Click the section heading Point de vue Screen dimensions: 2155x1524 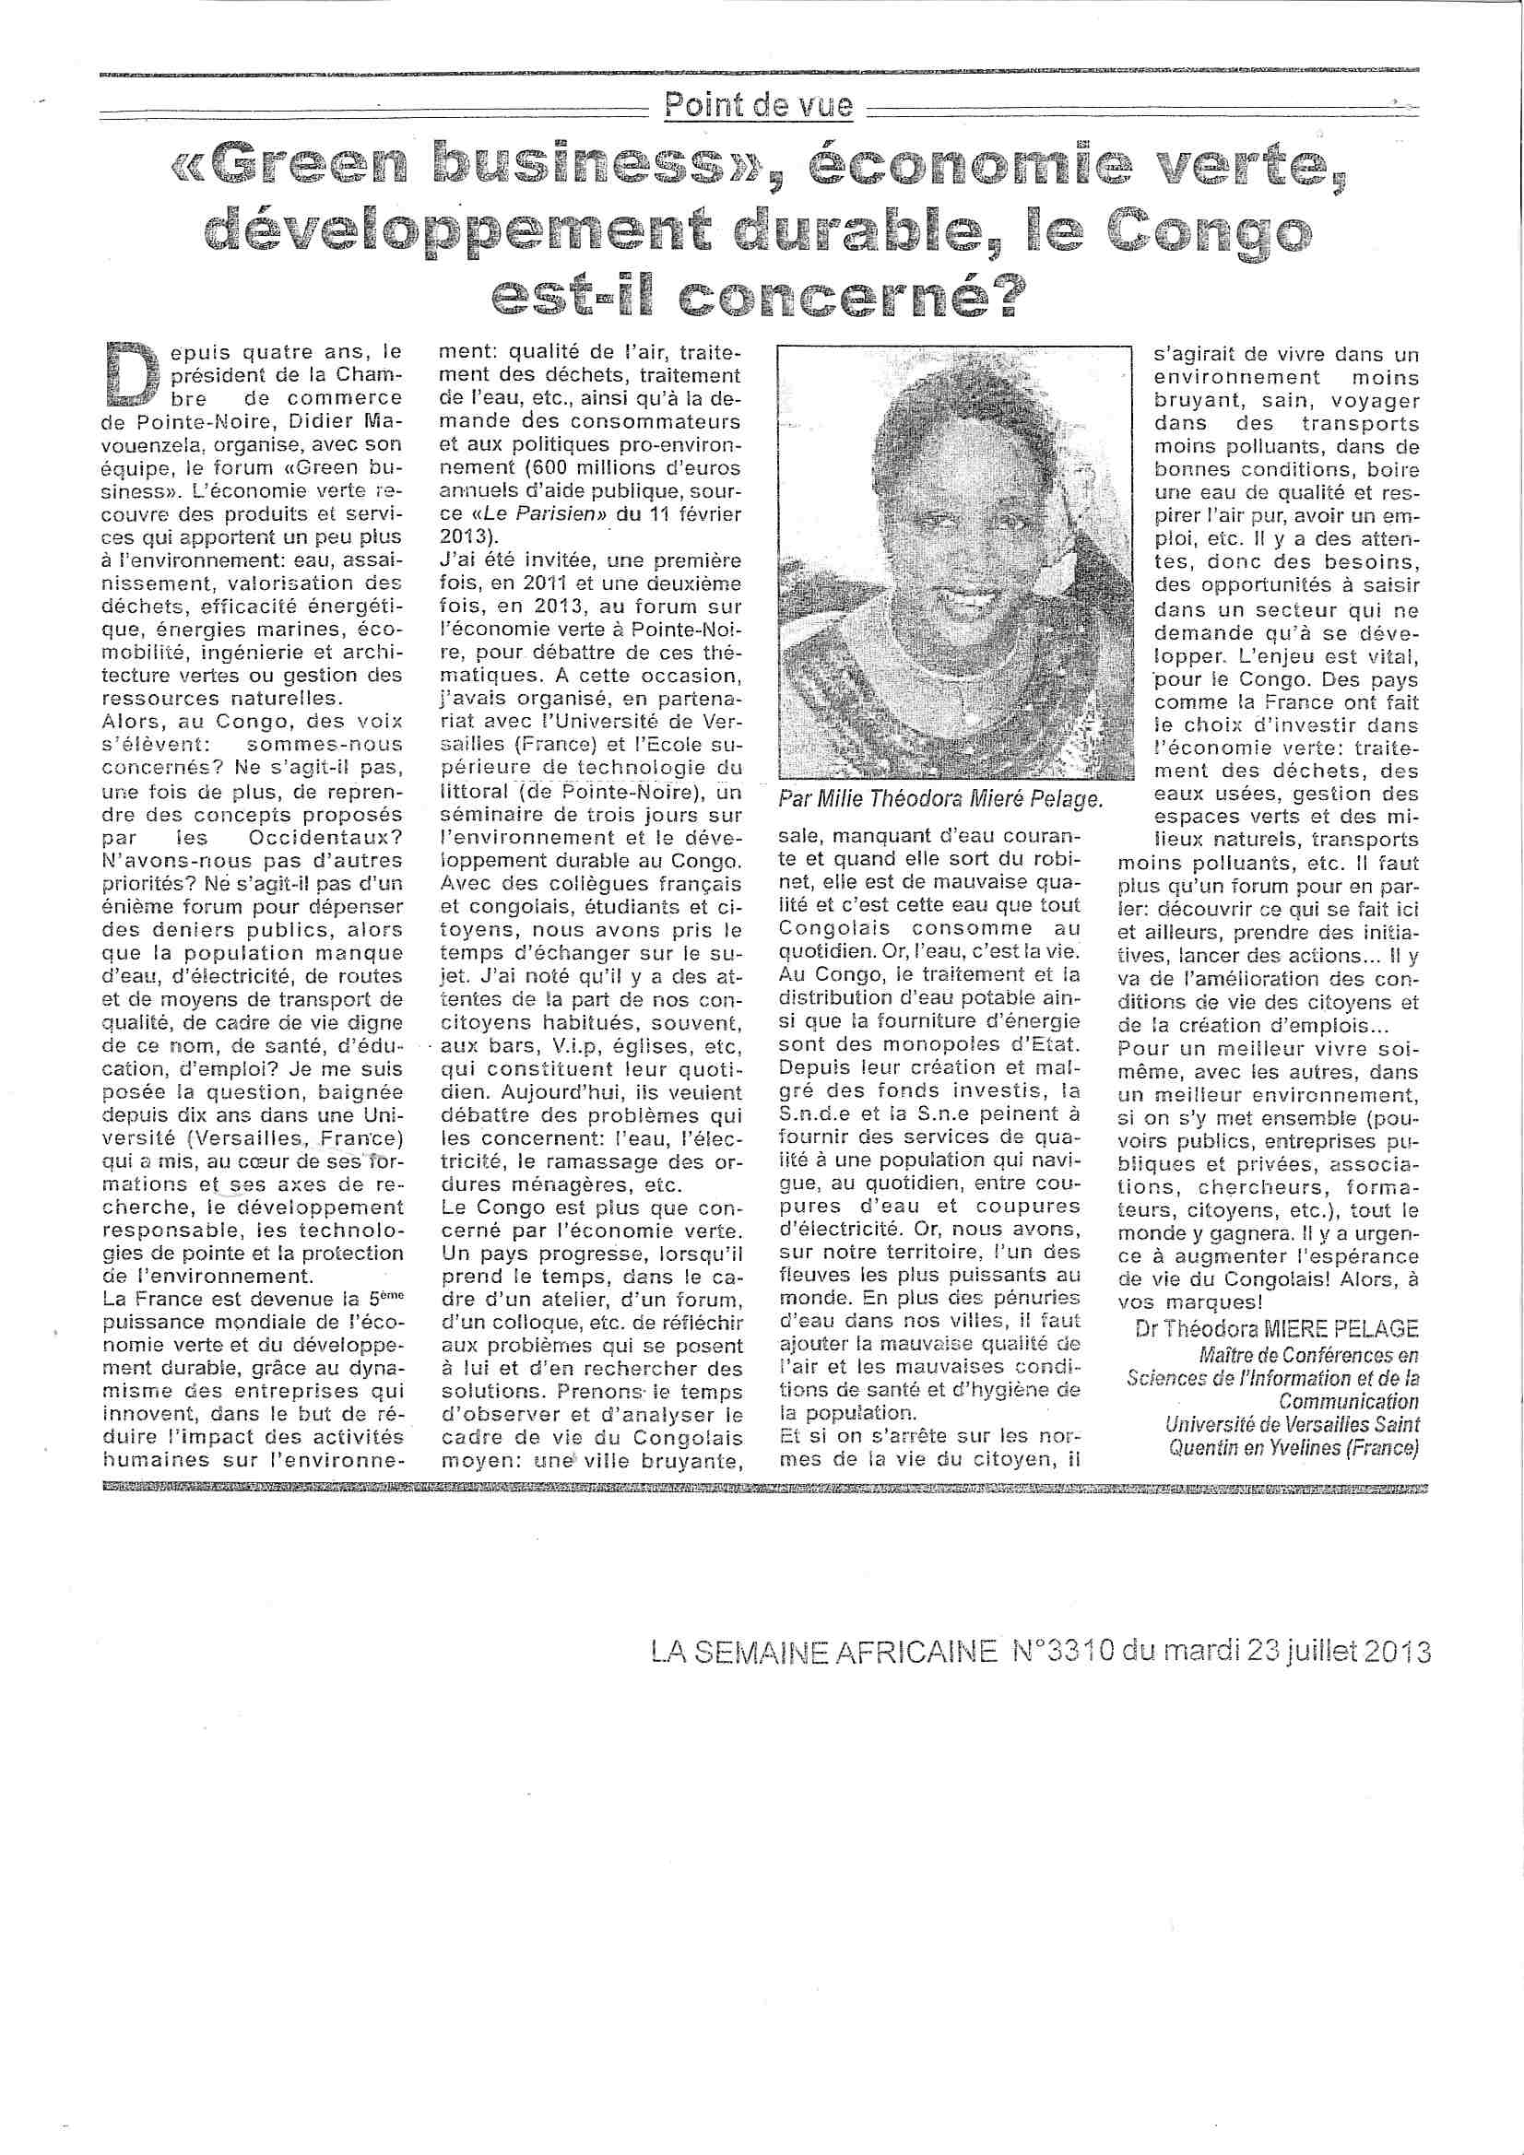tap(759, 105)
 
